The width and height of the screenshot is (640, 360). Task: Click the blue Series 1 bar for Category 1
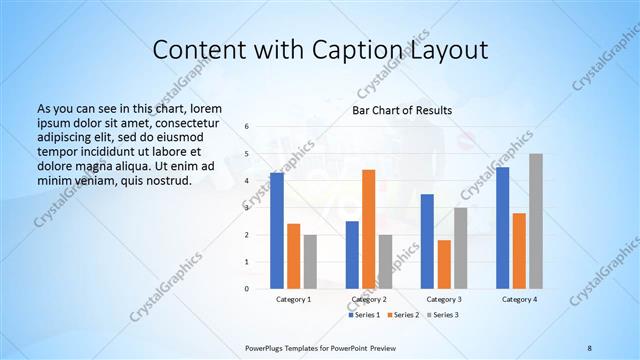pyautogui.click(x=276, y=231)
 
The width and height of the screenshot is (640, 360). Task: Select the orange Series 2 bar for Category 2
pyautogui.click(x=369, y=229)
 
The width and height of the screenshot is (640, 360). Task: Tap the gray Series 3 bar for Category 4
pyautogui.click(x=536, y=221)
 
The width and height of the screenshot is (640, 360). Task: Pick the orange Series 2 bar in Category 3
pyautogui.click(x=444, y=264)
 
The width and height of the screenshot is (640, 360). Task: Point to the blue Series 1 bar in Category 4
pyautogui.click(x=502, y=228)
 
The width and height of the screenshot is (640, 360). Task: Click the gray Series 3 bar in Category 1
pyautogui.click(x=310, y=262)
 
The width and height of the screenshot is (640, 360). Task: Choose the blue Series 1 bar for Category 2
pyautogui.click(x=352, y=255)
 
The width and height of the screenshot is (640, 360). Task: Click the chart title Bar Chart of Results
pyautogui.click(x=401, y=110)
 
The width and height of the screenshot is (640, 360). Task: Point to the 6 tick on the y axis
pyautogui.click(x=246, y=127)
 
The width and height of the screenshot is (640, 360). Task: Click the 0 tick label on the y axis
pyautogui.click(x=246, y=289)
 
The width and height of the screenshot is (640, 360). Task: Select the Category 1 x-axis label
pyautogui.click(x=293, y=300)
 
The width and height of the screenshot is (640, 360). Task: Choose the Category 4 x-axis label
pyautogui.click(x=519, y=300)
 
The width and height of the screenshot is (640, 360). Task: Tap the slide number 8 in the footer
pyautogui.click(x=589, y=347)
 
